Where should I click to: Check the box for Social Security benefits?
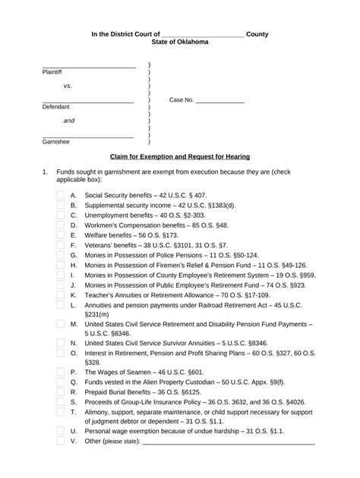(61, 195)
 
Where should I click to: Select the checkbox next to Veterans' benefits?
(61, 245)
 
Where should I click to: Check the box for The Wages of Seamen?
(61, 373)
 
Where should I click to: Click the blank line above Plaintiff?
(88, 68)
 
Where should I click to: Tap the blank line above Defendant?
(88, 102)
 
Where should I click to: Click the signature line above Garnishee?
(88, 137)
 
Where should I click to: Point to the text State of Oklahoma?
(179, 43)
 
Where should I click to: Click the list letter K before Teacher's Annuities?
(74, 294)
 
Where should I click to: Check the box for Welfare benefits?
(61, 235)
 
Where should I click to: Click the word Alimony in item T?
(99, 412)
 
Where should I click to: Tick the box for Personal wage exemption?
(61, 431)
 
